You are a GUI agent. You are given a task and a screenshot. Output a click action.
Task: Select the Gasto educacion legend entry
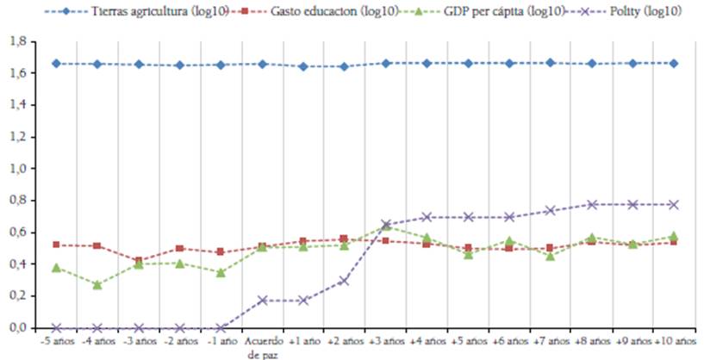(x=327, y=10)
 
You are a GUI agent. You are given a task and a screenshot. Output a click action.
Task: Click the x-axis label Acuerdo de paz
(x=262, y=347)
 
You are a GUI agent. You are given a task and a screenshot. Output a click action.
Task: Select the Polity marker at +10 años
(x=674, y=205)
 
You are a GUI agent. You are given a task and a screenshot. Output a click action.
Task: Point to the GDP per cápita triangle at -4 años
(x=97, y=284)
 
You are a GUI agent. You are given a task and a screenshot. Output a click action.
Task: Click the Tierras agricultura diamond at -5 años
(x=56, y=63)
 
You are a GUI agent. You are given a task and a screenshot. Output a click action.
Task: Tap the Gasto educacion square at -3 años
(x=139, y=260)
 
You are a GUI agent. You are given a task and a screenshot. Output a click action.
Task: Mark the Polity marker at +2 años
(x=344, y=281)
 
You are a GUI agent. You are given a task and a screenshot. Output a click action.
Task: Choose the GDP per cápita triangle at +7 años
(x=550, y=256)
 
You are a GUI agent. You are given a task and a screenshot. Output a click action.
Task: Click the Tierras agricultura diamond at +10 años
(x=674, y=63)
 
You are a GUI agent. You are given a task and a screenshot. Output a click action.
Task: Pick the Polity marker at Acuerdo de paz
(x=262, y=300)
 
